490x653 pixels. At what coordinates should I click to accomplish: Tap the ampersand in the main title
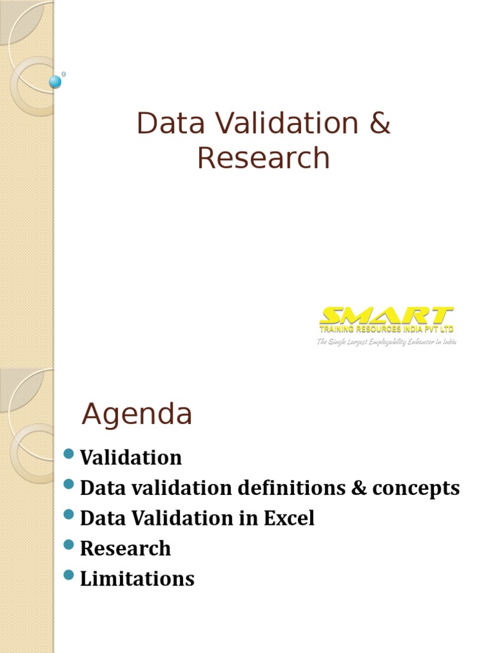[378, 123]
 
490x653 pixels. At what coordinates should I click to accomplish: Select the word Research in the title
[264, 158]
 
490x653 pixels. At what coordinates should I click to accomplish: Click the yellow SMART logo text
[387, 316]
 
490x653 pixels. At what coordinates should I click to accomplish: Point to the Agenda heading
[137, 415]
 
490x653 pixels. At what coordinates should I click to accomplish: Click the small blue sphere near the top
[56, 82]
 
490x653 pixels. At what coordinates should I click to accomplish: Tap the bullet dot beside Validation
[70, 455]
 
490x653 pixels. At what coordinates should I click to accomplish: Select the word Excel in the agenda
[288, 518]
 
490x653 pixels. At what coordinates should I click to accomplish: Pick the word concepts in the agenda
[416, 488]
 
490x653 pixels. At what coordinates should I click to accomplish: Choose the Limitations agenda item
[137, 578]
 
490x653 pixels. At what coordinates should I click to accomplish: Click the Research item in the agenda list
[126, 548]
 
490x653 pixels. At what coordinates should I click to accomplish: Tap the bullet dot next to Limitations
[70, 576]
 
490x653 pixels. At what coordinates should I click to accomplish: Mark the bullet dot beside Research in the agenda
[70, 546]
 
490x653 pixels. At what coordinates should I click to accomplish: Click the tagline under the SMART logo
[387, 342]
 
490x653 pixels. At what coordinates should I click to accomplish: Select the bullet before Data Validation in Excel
[70, 515]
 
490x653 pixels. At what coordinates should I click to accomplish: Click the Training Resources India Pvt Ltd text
[387, 329]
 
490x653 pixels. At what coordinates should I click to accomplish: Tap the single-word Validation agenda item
[131, 457]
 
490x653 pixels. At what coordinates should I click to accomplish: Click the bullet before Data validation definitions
[70, 485]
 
